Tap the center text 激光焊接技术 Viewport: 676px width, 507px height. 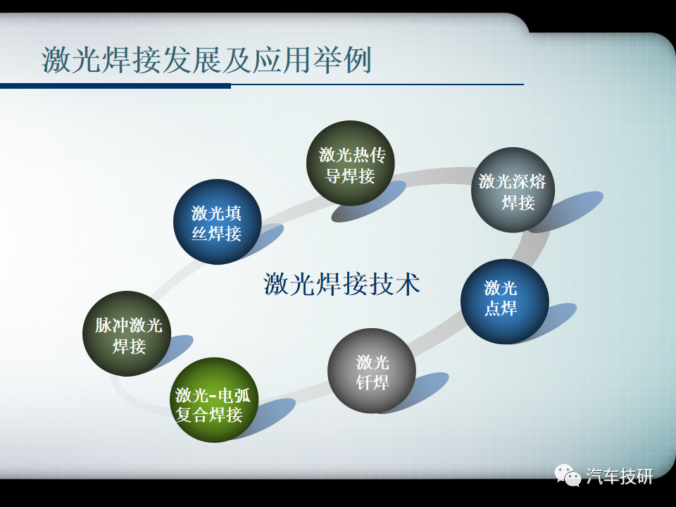pos(342,284)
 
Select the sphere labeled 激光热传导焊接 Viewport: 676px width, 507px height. pos(351,163)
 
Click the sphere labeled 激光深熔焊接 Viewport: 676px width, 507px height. pos(513,189)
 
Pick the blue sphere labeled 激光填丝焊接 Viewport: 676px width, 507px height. pos(218,222)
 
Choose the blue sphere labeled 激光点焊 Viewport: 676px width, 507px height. pos(504,301)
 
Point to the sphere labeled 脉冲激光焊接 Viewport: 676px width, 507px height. pos(127,334)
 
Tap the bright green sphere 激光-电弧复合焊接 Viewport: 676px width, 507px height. pos(214,400)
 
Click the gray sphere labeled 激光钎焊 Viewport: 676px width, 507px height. pos(372,371)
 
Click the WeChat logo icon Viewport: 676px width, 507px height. pos(568,475)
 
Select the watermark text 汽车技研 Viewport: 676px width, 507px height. pos(620,477)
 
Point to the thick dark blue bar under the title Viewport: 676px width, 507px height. pos(115,86)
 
